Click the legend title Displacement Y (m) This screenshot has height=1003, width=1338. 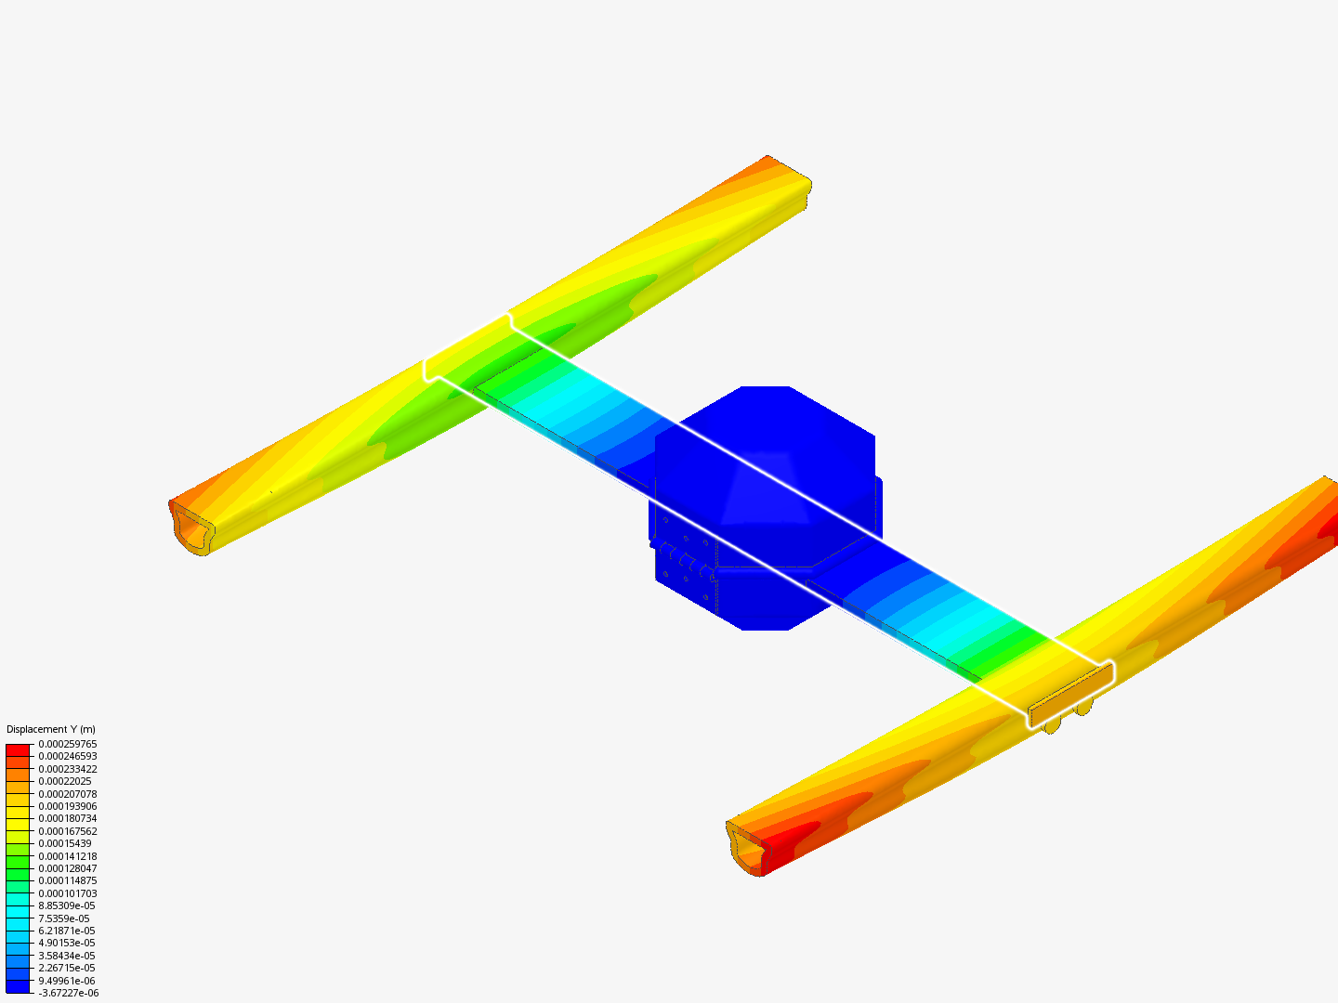50,729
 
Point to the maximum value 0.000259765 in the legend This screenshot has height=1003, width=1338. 67,744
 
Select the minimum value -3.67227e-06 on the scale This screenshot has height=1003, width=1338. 68,993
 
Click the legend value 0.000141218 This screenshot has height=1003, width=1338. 67,855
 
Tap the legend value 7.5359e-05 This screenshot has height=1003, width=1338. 63,918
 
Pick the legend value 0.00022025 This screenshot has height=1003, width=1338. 65,781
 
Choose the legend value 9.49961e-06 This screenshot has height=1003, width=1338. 67,981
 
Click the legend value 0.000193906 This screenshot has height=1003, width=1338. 67,806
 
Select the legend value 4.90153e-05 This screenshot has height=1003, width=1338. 67,943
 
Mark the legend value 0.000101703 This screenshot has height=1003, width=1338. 67,893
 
